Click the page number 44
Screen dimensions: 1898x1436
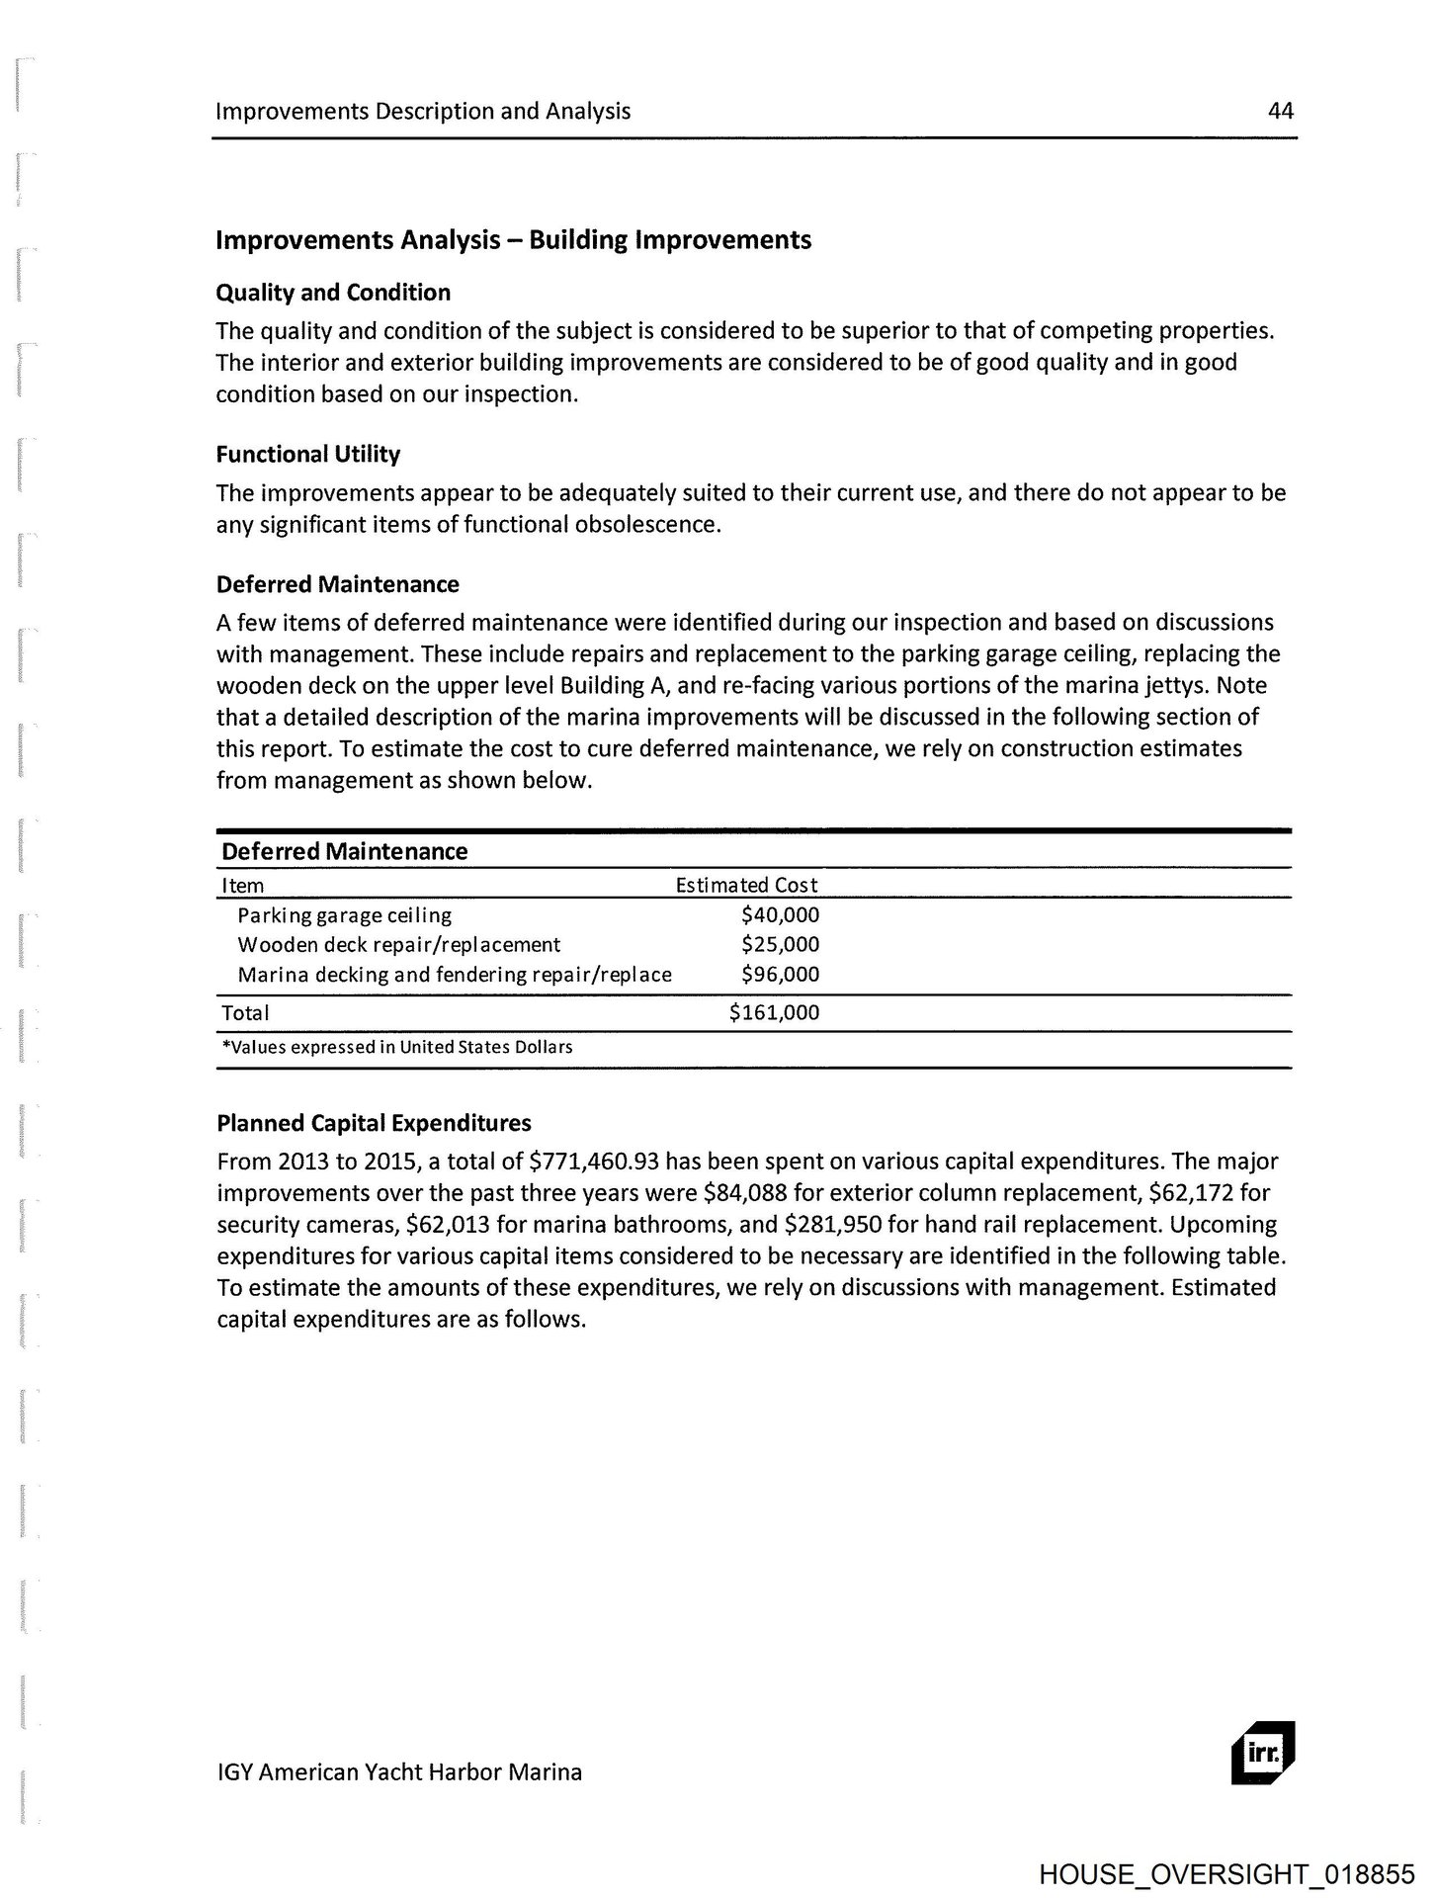coord(1280,111)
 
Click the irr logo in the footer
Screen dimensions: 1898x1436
coord(1262,1754)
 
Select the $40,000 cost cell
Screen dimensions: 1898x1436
coord(780,915)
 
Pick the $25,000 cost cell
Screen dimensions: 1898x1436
coord(780,945)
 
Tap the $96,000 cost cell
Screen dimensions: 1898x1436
coord(780,975)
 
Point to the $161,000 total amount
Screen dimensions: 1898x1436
coord(774,1012)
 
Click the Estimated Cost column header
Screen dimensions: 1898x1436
coord(746,886)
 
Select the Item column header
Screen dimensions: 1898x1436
coord(243,886)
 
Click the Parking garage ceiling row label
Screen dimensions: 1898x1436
coord(344,915)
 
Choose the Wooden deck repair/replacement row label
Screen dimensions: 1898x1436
coord(398,945)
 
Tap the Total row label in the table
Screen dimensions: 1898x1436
coord(245,1013)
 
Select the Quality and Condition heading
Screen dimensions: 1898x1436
coord(333,293)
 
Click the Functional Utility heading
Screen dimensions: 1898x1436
coord(308,455)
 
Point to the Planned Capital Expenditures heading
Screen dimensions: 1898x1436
coord(374,1123)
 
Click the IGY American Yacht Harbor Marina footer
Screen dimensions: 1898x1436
coord(399,1771)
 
